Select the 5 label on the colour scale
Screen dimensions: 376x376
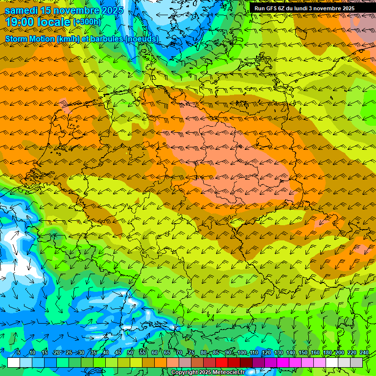(18, 353)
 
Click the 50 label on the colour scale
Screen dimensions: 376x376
(130, 353)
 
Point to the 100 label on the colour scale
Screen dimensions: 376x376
(242, 353)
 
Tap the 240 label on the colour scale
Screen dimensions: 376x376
(364, 353)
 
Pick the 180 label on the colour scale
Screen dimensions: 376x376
(327, 353)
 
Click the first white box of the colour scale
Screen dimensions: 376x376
(14, 362)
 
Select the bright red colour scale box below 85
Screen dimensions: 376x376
(222, 362)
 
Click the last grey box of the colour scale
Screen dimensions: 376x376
(356, 362)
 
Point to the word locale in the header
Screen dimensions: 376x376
(55, 22)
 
